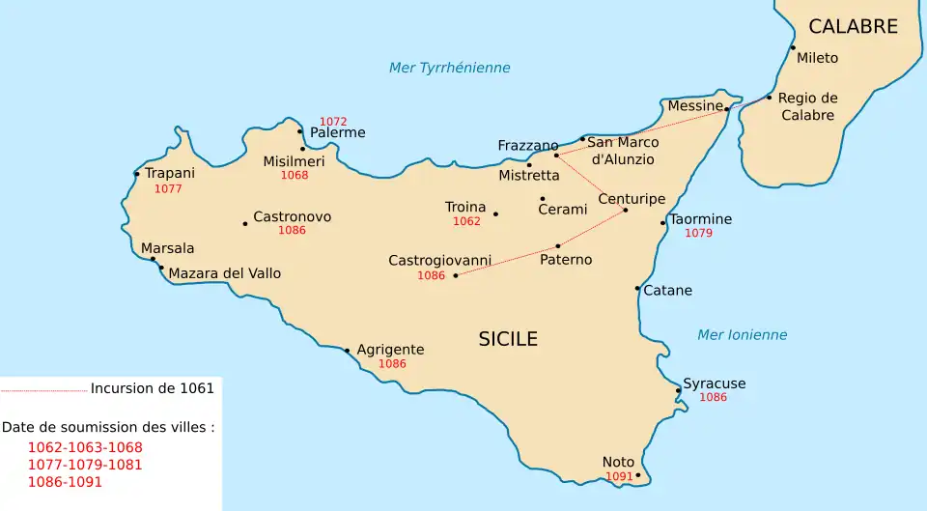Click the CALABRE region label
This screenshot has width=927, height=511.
click(x=853, y=27)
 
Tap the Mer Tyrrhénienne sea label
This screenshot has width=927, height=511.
click(x=449, y=68)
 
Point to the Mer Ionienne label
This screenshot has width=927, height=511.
click(x=742, y=335)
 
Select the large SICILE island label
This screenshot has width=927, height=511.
click(x=508, y=339)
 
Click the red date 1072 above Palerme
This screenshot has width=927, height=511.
click(x=333, y=122)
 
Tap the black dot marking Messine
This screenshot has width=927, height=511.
click(x=727, y=110)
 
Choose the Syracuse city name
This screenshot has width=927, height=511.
click(x=714, y=383)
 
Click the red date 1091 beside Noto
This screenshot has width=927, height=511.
click(x=619, y=476)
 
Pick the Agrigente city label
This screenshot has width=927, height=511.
click(x=390, y=350)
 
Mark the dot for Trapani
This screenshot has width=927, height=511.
click(x=137, y=175)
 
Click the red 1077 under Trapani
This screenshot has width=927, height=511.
click(x=168, y=188)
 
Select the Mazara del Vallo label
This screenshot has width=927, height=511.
click(x=224, y=273)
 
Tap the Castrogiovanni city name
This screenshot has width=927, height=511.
click(x=439, y=261)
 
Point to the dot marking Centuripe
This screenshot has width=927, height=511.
click(x=625, y=210)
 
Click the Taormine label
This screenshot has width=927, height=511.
click(x=701, y=219)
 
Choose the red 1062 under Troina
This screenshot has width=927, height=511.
click(x=466, y=221)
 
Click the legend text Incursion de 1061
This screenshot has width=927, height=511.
click(x=152, y=388)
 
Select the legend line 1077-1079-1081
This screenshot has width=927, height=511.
click(x=85, y=465)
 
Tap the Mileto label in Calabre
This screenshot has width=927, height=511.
click(x=817, y=58)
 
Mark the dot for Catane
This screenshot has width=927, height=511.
click(x=637, y=288)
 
